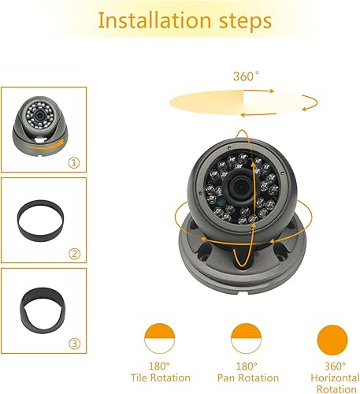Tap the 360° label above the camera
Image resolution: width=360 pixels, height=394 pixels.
pyautogui.click(x=246, y=76)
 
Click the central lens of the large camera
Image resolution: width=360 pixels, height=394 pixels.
pyautogui.click(x=237, y=182)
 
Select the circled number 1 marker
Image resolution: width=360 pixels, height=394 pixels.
pyautogui.click(x=75, y=164)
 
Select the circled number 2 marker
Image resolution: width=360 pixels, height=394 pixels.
pyautogui.click(x=75, y=254)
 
